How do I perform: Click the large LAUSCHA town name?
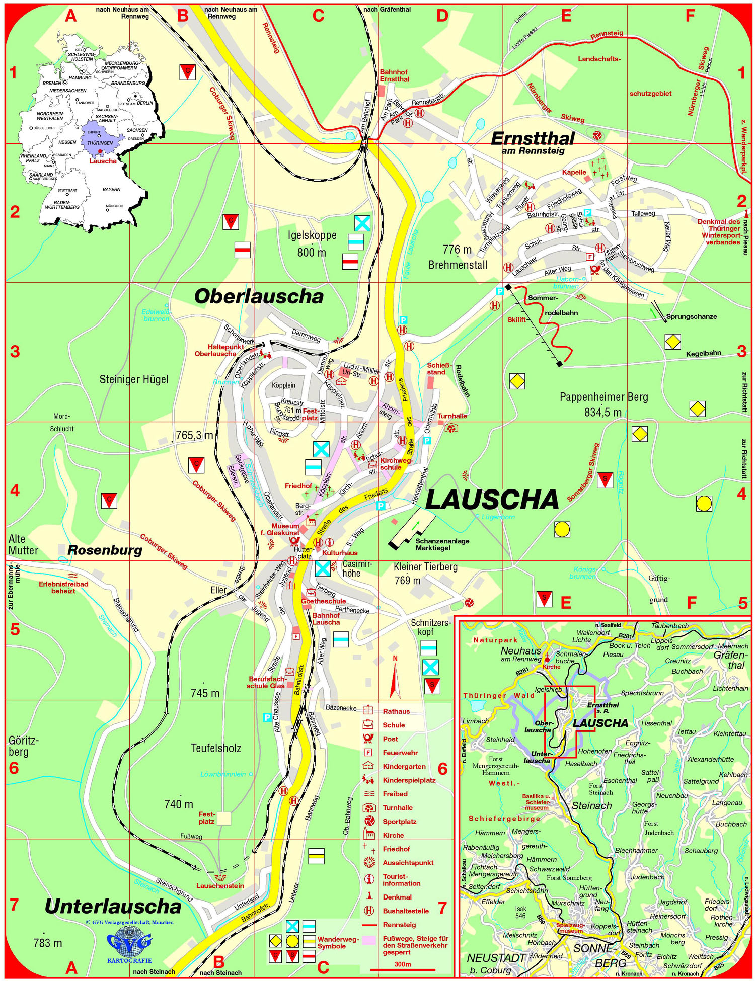(x=492, y=500)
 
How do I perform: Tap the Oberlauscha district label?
(x=259, y=296)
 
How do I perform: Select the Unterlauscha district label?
(x=113, y=906)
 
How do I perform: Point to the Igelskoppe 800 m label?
(x=312, y=243)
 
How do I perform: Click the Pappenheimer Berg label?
(x=604, y=404)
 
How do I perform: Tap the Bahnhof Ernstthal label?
(x=394, y=75)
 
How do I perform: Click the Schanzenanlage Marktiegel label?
(x=442, y=544)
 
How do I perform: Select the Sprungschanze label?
(x=691, y=317)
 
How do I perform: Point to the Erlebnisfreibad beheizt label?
(x=63, y=587)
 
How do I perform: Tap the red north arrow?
(x=395, y=679)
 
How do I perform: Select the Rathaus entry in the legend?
(x=396, y=711)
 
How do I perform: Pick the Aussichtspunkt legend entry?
(x=408, y=863)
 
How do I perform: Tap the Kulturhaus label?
(x=340, y=553)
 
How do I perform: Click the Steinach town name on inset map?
(x=591, y=805)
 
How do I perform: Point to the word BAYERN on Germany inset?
(x=111, y=189)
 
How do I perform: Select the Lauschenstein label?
(x=220, y=886)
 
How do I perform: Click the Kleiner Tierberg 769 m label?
(x=425, y=573)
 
